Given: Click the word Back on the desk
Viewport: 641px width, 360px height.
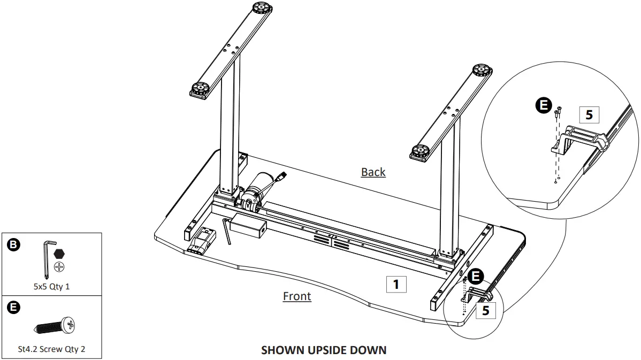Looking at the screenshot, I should click(x=373, y=172).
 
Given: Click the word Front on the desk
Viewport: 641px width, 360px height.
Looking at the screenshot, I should click(x=296, y=296).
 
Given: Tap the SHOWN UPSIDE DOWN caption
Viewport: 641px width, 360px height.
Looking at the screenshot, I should click(x=323, y=350).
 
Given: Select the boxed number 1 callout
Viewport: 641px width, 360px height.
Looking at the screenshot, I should click(x=396, y=284).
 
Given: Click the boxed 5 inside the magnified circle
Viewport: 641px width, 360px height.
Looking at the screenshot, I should click(x=589, y=115).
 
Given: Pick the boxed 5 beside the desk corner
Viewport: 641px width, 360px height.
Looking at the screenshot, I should click(x=485, y=310).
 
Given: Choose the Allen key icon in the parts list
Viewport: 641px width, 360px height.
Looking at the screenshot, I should click(x=47, y=259).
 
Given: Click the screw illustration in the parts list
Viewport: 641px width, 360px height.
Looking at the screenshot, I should click(x=55, y=325).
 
